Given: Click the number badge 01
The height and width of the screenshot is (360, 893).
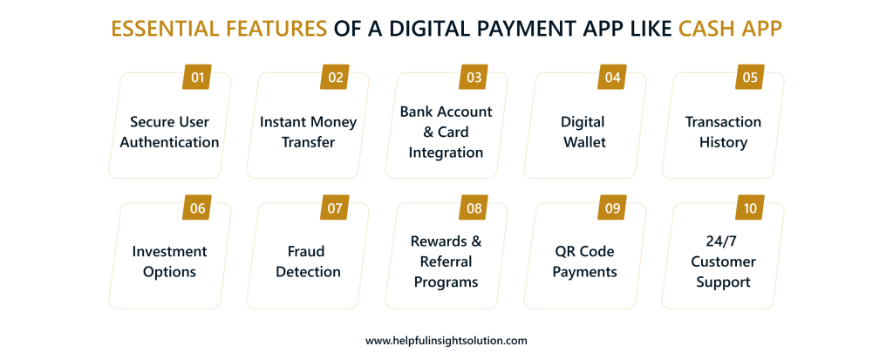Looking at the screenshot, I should (x=198, y=78).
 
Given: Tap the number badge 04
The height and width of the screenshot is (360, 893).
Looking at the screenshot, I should (x=612, y=78).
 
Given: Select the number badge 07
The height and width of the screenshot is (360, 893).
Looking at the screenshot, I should (x=336, y=208).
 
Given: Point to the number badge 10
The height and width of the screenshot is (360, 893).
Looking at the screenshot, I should (x=750, y=208).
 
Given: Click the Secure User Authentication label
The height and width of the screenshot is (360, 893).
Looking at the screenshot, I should (x=169, y=132).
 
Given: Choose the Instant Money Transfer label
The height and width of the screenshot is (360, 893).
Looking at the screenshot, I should (x=308, y=132).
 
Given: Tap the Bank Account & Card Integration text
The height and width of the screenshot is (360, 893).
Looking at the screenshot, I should (x=446, y=132).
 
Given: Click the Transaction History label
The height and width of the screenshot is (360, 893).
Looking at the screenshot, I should (x=723, y=132).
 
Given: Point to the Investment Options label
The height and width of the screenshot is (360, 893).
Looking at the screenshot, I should (x=169, y=262).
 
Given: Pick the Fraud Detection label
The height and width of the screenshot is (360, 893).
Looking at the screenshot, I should (x=308, y=262).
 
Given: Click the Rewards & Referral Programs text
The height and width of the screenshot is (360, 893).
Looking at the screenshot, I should (x=446, y=262).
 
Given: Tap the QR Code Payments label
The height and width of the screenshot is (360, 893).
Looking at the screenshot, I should (x=585, y=262).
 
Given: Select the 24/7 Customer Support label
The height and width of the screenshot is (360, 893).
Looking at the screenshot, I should (x=723, y=262).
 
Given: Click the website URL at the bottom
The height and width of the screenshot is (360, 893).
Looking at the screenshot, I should (x=446, y=341).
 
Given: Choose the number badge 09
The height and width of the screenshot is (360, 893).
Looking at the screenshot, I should (x=612, y=208).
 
